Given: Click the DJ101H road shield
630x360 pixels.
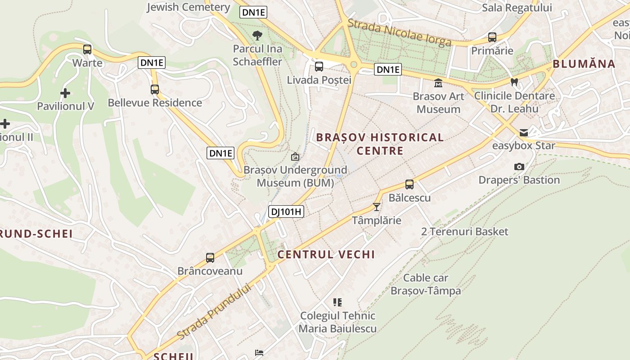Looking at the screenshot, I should point(286,211).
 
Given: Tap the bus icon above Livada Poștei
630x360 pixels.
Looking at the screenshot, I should point(319,67).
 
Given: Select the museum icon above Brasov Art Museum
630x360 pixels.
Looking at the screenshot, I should point(438,83).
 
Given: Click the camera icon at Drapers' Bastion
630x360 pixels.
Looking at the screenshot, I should point(519,167).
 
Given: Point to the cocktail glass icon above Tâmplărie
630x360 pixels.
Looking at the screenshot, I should point(377,207).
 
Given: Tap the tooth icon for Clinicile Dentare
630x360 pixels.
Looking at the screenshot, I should point(514,82).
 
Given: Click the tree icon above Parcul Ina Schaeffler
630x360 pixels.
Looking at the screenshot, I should point(257,35).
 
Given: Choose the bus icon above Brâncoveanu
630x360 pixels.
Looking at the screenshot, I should point(210,258).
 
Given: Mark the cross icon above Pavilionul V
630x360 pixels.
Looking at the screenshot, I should point(65,93).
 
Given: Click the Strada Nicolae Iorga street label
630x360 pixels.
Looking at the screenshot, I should point(400,32).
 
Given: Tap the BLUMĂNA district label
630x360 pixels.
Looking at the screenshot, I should point(584,64).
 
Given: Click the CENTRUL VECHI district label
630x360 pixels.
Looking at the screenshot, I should point(326,254).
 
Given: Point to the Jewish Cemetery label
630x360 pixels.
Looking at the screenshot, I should point(189,7).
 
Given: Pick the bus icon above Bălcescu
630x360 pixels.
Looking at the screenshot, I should point(409,184).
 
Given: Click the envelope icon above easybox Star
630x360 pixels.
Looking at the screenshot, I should point(524,133).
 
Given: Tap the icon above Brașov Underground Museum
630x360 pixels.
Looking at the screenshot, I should point(295,157).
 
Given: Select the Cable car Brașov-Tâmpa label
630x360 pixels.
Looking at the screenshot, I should point(426,284).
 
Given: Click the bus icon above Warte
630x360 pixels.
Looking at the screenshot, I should point(87,49).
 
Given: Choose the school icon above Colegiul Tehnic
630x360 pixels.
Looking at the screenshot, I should point(337,302).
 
